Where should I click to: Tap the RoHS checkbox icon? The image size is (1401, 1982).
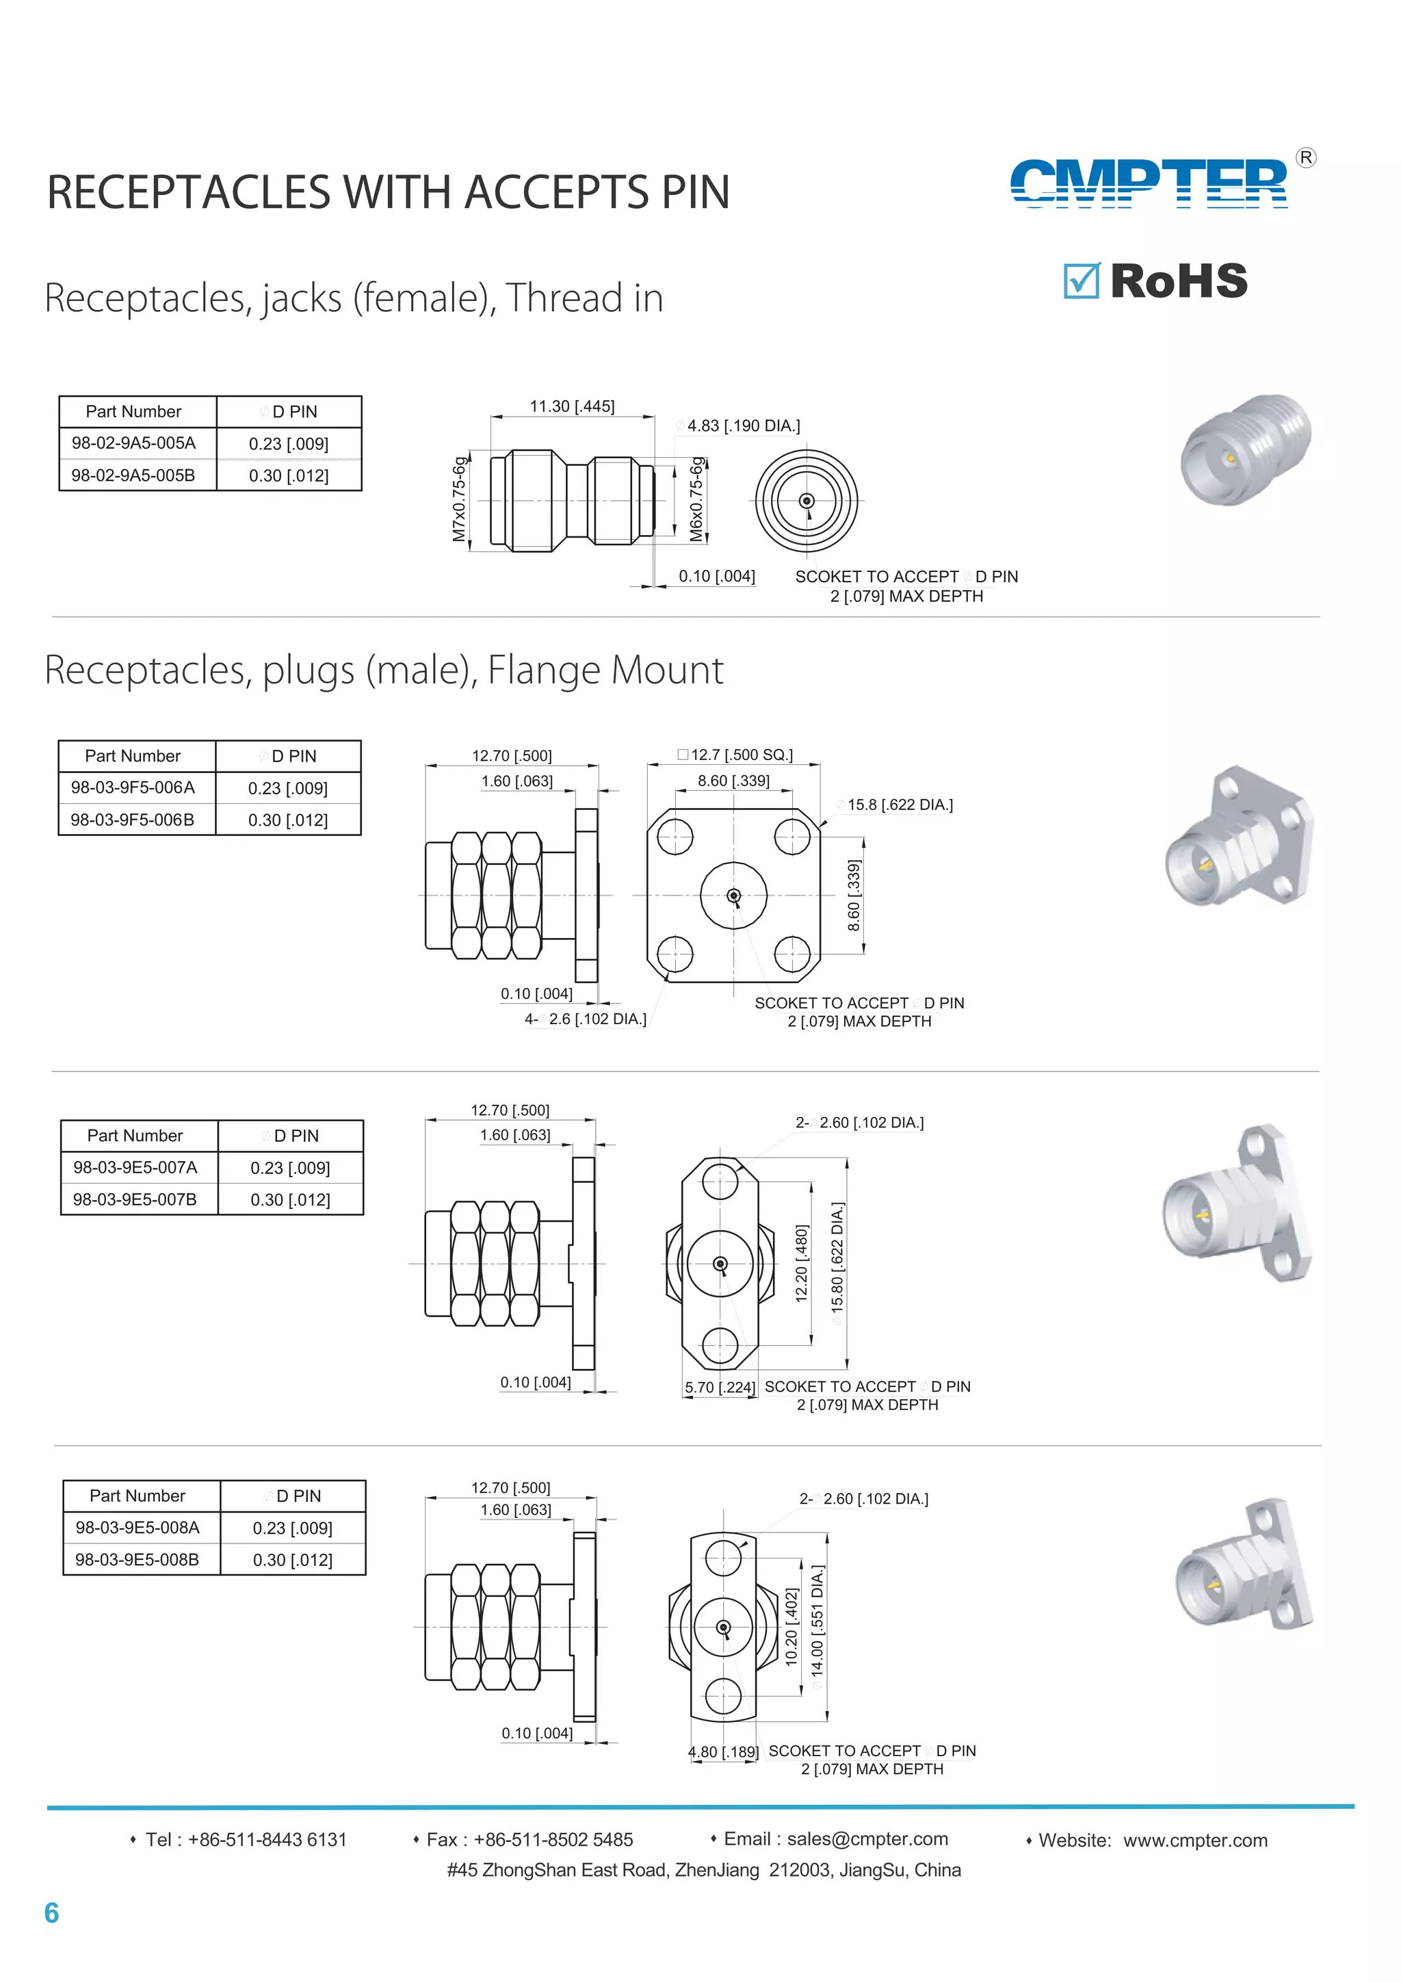(x=1081, y=281)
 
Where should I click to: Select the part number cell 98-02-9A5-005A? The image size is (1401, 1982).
(x=134, y=443)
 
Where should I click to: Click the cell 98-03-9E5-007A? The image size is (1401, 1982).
(x=135, y=1167)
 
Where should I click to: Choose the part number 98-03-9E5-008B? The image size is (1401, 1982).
(x=138, y=1559)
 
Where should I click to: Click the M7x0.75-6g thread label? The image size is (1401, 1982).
(x=459, y=499)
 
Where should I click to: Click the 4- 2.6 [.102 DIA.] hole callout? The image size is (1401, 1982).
(x=586, y=1019)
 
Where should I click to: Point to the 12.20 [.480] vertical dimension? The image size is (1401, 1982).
(x=801, y=1263)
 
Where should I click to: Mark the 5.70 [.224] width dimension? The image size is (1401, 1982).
(x=719, y=1387)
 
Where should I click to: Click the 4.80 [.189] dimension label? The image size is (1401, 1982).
(x=722, y=1751)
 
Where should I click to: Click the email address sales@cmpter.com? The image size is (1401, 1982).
(x=867, y=1839)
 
